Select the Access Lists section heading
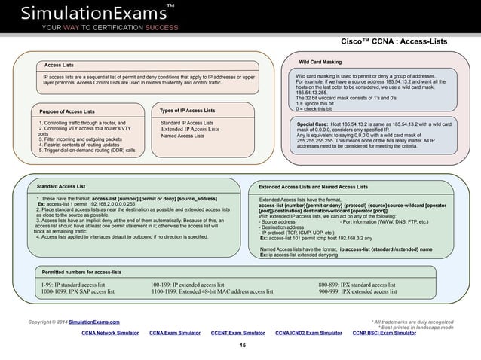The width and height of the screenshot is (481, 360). click(x=59, y=66)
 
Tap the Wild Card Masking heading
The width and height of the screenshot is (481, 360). click(x=320, y=61)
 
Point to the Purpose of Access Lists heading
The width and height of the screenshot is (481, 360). click(x=72, y=111)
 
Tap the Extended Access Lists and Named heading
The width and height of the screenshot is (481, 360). click(x=313, y=186)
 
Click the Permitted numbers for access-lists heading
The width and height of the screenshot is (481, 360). click(x=81, y=271)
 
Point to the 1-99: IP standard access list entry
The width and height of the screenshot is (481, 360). click(x=73, y=284)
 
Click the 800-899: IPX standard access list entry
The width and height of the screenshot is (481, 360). click(x=357, y=284)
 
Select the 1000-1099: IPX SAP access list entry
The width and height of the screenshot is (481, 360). click(x=78, y=291)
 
